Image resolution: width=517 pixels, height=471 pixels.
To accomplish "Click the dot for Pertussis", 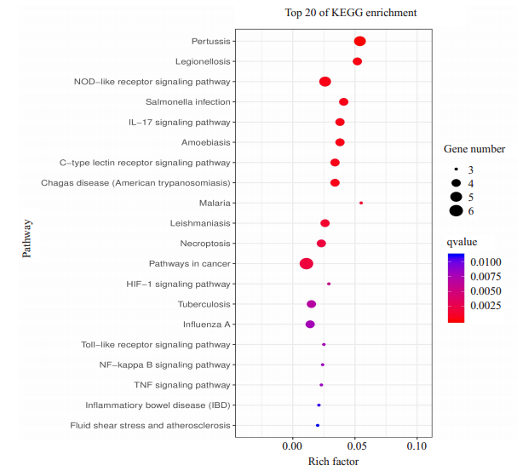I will (359, 42).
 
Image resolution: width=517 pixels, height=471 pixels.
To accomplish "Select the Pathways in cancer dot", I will (307, 264).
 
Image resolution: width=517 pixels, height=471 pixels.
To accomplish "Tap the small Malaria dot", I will (361, 203).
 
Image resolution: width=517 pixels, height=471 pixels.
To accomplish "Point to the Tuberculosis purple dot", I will (311, 304).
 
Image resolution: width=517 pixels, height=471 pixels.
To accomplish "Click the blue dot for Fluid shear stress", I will (318, 425).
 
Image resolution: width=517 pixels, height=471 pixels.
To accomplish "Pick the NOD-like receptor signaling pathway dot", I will (325, 82).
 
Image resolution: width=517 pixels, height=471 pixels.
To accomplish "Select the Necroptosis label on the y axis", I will (208, 244).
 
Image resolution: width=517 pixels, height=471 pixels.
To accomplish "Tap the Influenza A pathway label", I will (206, 325).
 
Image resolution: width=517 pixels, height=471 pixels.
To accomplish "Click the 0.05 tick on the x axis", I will (354, 445).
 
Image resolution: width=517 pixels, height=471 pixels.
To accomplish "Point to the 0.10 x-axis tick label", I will (416, 445).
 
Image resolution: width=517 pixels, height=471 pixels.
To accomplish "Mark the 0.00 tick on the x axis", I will (292, 445).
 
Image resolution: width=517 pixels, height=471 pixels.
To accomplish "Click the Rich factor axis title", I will (333, 462).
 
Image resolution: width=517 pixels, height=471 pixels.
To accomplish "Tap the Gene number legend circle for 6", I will (457, 210).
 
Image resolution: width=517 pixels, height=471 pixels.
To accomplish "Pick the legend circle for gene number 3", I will (457, 169).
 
